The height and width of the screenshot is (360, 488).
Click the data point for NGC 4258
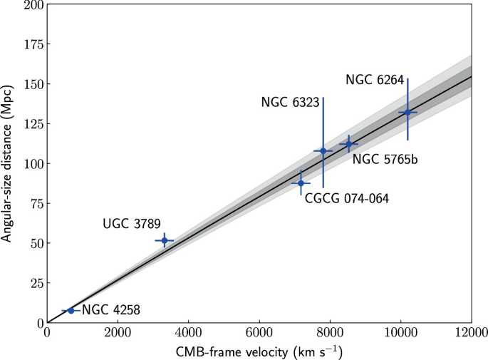click(71, 311)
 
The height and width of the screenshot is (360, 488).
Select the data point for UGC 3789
click(165, 240)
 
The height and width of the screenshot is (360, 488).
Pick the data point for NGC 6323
click(323, 151)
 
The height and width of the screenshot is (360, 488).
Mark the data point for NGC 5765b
click(348, 144)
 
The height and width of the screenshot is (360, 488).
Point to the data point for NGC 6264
click(407, 112)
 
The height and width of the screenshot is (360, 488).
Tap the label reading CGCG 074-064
click(347, 199)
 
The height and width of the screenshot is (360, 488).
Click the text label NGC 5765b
click(385, 160)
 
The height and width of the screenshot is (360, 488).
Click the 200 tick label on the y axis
click(31, 5)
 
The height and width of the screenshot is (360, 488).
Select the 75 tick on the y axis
click(34, 203)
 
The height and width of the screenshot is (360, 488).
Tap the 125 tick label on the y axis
click(31, 124)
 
